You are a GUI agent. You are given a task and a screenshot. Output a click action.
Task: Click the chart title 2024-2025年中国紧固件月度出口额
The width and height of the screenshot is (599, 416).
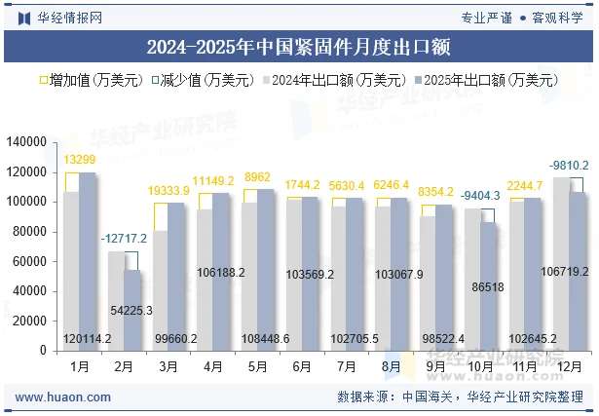coord(299,47)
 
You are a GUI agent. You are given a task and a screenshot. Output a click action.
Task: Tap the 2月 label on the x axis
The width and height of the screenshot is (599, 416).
coord(124,366)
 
